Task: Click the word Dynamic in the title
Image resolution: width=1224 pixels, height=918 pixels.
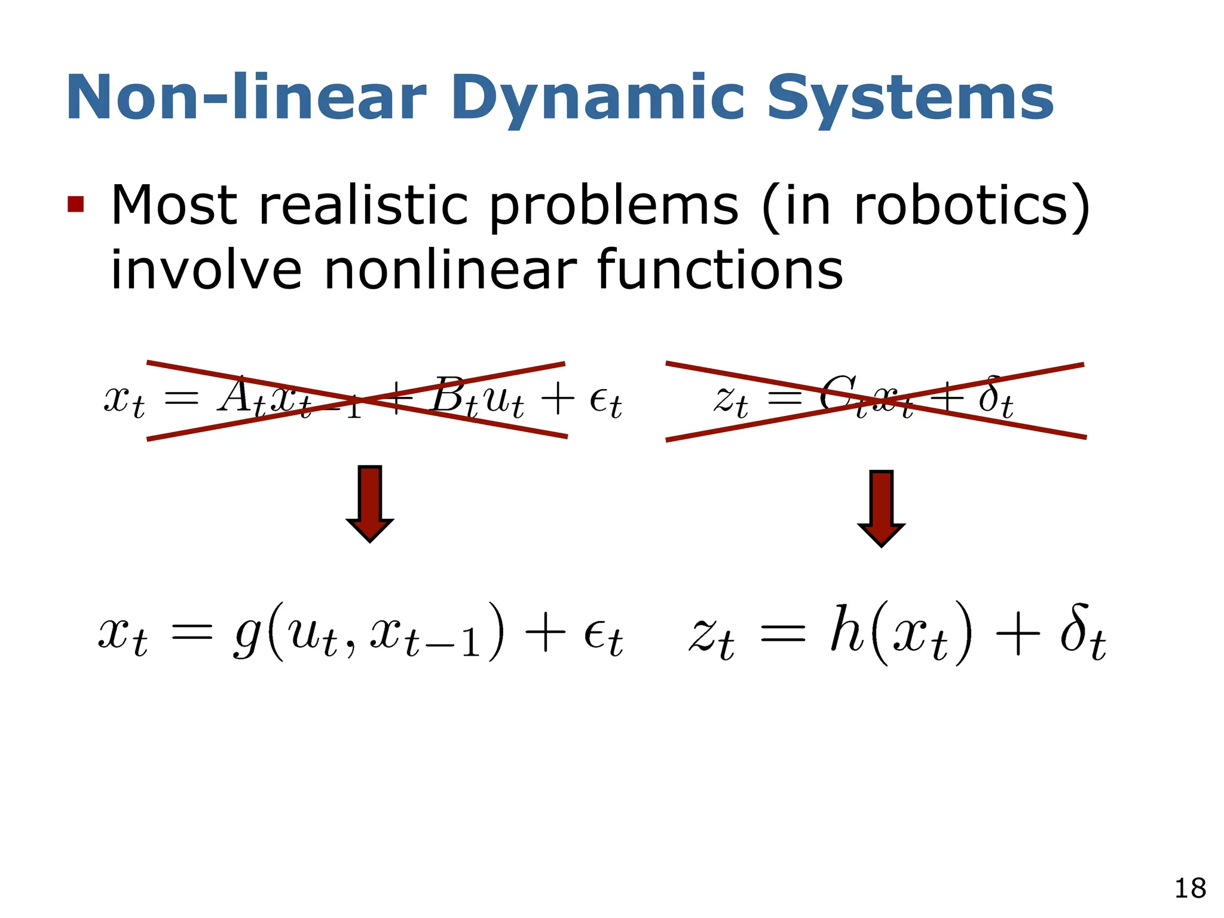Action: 598,99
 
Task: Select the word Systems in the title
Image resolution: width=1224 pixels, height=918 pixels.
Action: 910,99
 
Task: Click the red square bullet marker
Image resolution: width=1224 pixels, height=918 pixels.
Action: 76,204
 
